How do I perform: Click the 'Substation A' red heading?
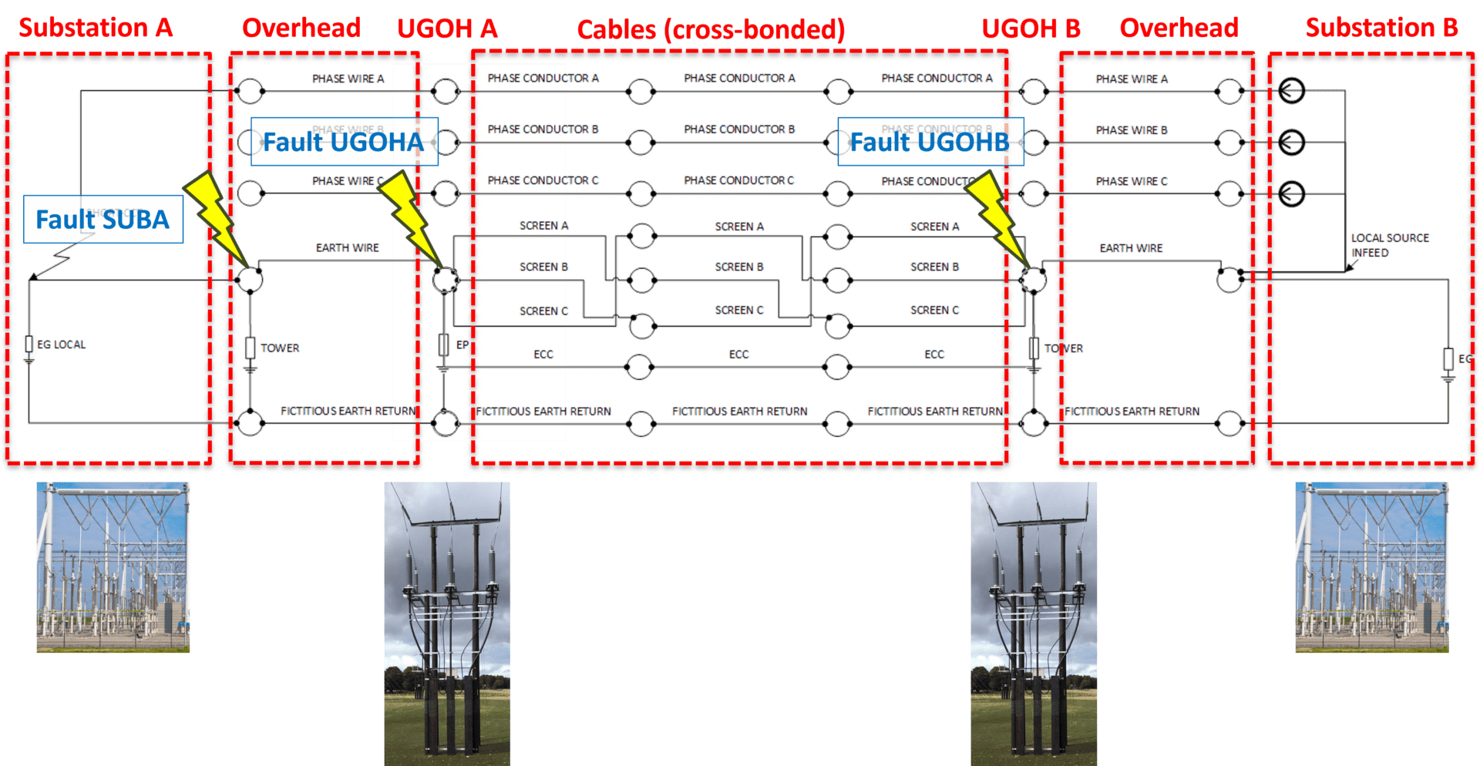(96, 28)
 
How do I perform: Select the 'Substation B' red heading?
(1381, 28)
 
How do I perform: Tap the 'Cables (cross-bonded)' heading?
(711, 30)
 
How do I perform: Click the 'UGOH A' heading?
(447, 29)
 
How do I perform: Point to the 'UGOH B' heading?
(1031, 29)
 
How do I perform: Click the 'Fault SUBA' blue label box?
(103, 220)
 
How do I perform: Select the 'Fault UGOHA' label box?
(344, 142)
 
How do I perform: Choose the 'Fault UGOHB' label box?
(930, 142)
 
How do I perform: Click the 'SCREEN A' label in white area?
(544, 226)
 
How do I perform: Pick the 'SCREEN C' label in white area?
(544, 311)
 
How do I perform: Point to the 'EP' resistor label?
(462, 345)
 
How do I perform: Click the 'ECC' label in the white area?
(543, 354)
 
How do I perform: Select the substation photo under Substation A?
(113, 567)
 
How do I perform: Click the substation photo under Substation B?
(1371, 567)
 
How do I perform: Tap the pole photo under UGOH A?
(447, 623)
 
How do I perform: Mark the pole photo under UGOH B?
(1034, 623)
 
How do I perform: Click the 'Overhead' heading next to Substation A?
(301, 29)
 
